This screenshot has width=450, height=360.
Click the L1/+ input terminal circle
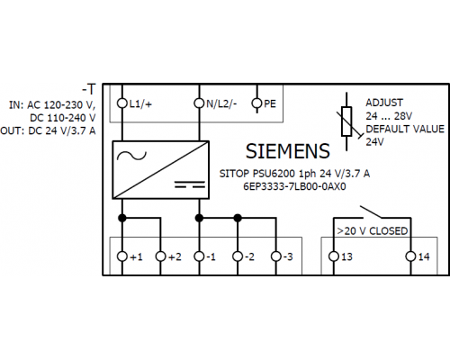coord(122,103)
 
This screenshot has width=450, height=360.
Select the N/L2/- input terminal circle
coord(199,103)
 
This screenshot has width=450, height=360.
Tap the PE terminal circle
coord(256,103)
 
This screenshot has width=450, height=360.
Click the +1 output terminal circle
coord(122,256)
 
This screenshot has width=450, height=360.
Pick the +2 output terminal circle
coord(160,256)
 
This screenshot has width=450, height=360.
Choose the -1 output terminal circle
coord(199,256)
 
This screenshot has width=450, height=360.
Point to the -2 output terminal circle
coord(238,256)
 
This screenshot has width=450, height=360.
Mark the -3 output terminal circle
coord(275,256)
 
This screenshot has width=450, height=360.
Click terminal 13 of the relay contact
coord(334,256)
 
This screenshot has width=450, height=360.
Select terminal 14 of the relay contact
coord(410,256)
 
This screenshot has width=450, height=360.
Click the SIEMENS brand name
coord(288,151)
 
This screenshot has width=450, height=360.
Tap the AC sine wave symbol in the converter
coord(131,156)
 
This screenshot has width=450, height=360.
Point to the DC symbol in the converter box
coord(190,184)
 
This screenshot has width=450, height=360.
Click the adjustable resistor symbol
coord(346,121)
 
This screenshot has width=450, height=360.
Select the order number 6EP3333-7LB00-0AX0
coord(294,186)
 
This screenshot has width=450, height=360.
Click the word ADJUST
coord(384,103)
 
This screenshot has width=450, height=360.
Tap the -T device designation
coord(89,89)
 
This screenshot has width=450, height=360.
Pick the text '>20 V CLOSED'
coord(373,231)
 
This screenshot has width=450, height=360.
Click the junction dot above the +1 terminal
coord(122,218)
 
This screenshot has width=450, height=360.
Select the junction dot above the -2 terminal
coord(238,218)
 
